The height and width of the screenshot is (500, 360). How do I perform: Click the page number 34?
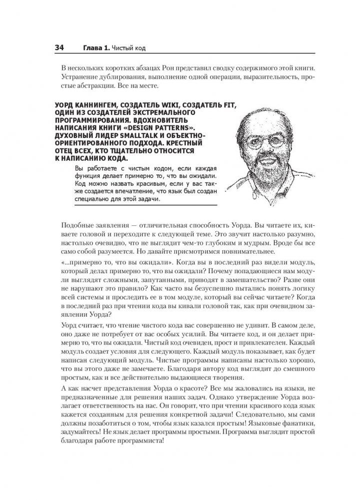[x=55, y=48]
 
